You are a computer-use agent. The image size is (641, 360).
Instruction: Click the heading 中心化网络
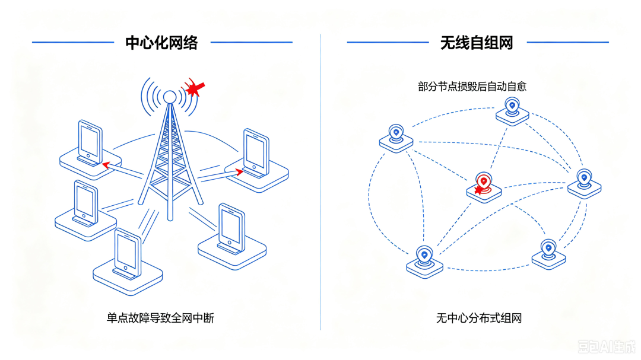coord(161,43)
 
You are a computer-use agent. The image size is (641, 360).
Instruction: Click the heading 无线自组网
coord(477,43)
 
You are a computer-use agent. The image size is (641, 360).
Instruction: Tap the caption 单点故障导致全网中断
coord(160,318)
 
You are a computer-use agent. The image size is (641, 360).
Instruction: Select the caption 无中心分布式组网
coord(479,318)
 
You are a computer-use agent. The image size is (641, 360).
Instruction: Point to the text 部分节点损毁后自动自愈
coord(472,87)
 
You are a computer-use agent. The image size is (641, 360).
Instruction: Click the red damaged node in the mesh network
coord(484,187)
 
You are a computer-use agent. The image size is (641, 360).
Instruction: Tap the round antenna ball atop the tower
coord(170,97)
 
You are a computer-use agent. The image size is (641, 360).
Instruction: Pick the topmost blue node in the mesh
coord(512,111)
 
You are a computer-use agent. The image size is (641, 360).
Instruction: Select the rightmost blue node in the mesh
coord(584,184)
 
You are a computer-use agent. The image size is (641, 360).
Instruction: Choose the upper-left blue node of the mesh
coord(396,139)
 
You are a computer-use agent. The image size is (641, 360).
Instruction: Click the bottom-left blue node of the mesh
coord(424,262)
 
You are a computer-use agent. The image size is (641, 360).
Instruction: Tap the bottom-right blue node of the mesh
coord(548,254)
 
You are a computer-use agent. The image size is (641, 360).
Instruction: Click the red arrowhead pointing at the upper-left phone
coord(106,165)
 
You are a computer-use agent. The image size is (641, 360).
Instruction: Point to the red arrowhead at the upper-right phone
coord(239,171)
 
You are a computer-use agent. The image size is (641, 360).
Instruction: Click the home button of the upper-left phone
coord(88,156)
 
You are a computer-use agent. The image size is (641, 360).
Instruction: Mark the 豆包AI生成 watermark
coord(607,347)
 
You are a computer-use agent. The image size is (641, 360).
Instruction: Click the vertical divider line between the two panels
coord(320,182)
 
